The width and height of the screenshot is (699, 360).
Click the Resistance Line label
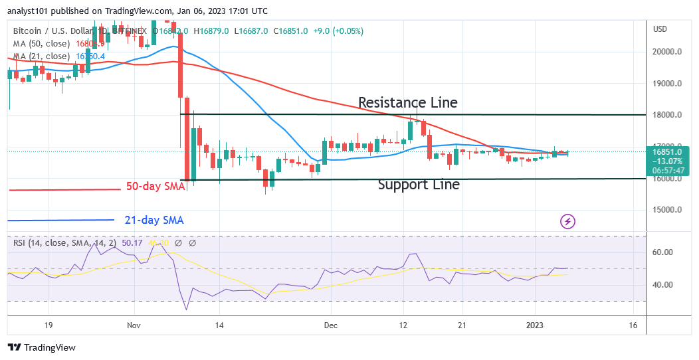pyautogui.click(x=407, y=102)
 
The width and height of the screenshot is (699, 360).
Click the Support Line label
pyautogui.click(x=419, y=185)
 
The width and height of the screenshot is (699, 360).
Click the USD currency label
pyautogui.click(x=660, y=29)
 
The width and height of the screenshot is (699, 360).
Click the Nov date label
pyautogui.click(x=134, y=325)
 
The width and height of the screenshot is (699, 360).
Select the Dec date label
pyautogui.click(x=330, y=325)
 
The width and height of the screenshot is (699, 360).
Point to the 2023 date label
pyautogui.click(x=536, y=325)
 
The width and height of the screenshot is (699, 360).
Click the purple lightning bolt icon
pyautogui.click(x=567, y=221)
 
